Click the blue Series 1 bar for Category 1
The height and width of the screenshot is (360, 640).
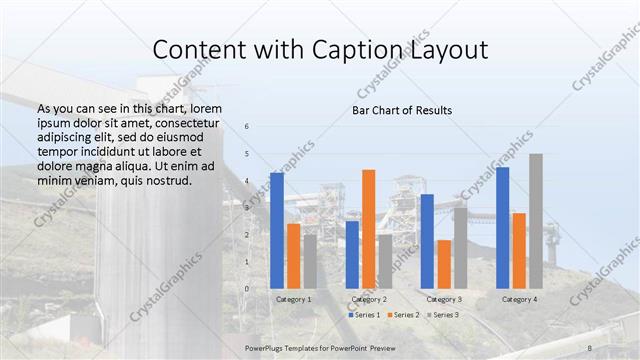277,230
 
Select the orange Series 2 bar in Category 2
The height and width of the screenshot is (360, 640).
368,229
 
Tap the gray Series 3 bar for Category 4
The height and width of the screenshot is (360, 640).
536,221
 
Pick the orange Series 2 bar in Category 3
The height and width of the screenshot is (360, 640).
443,264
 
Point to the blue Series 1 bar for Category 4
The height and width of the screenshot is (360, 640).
502,228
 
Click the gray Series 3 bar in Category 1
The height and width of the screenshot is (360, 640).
310,261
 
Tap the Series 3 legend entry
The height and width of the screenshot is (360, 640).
443,315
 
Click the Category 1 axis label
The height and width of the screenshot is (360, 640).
293,299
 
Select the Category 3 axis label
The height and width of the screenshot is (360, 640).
443,299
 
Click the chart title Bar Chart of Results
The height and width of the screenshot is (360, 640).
402,109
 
